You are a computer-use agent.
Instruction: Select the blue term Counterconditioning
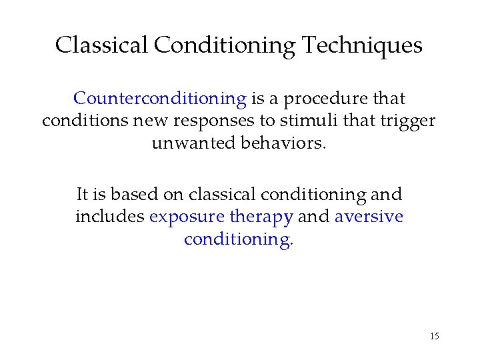[x=160, y=99]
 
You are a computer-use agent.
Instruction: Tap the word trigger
[x=410, y=122]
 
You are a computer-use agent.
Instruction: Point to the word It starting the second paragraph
[x=83, y=195]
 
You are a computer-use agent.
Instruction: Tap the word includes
[x=110, y=217]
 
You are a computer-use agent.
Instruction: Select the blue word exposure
[x=187, y=217]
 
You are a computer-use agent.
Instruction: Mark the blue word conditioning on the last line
[x=237, y=239]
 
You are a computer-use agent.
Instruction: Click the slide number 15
[x=434, y=336]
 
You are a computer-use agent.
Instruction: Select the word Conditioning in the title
[x=225, y=45]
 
